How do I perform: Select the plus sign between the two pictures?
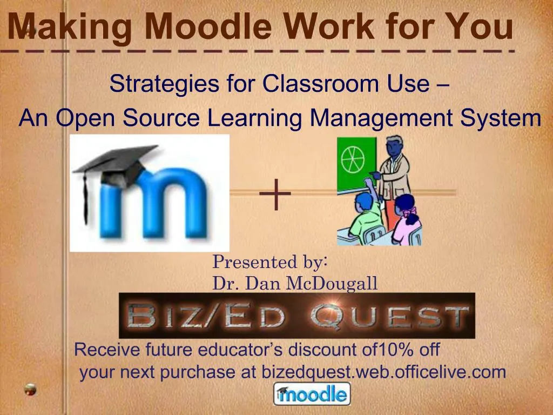click(x=275, y=195)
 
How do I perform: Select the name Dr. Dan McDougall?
click(x=295, y=283)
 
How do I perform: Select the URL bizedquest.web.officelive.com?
click(x=383, y=372)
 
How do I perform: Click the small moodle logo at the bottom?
click(x=312, y=393)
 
